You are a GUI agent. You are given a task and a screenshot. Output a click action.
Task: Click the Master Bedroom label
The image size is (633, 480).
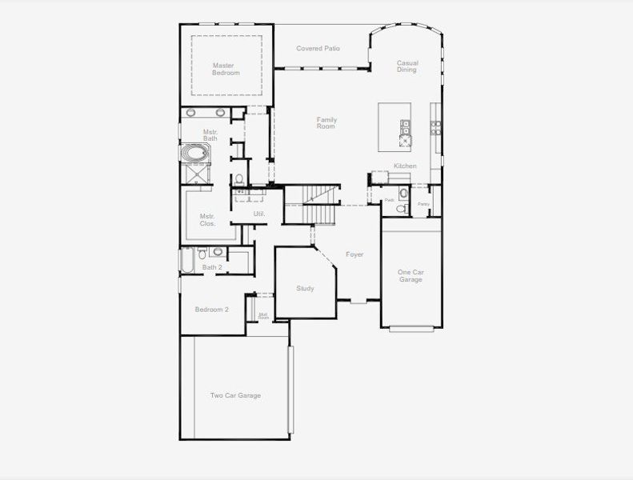[226, 69]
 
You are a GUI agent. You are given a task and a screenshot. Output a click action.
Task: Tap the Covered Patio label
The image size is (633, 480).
[318, 49]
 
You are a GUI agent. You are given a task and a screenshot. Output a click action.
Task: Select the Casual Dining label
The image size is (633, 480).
[407, 66]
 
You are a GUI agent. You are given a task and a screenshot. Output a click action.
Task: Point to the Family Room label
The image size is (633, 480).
[326, 123]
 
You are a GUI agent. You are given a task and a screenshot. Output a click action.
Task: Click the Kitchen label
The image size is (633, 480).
[405, 166]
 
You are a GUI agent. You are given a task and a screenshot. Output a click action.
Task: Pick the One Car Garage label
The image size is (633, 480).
[411, 276]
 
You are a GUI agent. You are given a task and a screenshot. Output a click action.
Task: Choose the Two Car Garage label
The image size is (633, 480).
[235, 395]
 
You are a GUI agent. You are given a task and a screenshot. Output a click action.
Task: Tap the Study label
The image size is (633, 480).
[305, 289]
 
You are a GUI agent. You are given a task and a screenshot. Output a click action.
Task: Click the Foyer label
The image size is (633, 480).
[355, 255]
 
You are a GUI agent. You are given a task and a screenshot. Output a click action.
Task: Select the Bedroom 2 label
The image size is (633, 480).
[212, 310]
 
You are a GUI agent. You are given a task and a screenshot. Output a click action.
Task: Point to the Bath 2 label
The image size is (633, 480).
[212, 267]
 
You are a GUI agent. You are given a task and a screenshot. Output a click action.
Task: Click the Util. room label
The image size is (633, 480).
[258, 214]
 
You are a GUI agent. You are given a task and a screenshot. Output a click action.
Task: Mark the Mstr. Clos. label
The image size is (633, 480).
[208, 220]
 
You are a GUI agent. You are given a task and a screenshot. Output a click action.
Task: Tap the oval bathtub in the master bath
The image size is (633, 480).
[194, 152]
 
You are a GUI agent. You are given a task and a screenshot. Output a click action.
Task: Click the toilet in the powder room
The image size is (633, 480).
[403, 208]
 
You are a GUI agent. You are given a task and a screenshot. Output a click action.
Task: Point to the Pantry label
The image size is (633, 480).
[423, 204]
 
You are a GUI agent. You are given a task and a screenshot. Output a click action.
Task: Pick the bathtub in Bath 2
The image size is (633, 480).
[187, 261]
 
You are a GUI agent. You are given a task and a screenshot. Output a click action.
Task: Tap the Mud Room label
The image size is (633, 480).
[262, 316]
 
